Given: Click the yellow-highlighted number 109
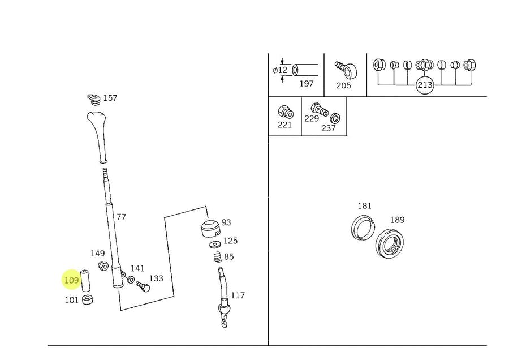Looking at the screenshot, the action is [72, 280].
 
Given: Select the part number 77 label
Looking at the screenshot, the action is [121, 217].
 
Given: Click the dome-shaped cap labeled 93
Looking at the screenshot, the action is [211, 229].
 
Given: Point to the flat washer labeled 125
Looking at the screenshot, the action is [215, 244].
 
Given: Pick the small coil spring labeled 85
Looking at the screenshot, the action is [218, 258].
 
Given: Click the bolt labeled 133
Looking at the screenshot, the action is [143, 286].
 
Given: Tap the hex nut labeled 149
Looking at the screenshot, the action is [103, 266].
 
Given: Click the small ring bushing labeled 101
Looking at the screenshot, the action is [88, 299].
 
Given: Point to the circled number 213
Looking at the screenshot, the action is [425, 85].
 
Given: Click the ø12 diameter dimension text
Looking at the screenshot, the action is [281, 70].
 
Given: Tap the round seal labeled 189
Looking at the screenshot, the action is [390, 243].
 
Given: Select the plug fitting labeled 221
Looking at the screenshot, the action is [286, 112].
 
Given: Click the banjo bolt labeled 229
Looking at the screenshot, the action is [320, 109].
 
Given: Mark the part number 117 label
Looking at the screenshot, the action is [238, 295].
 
